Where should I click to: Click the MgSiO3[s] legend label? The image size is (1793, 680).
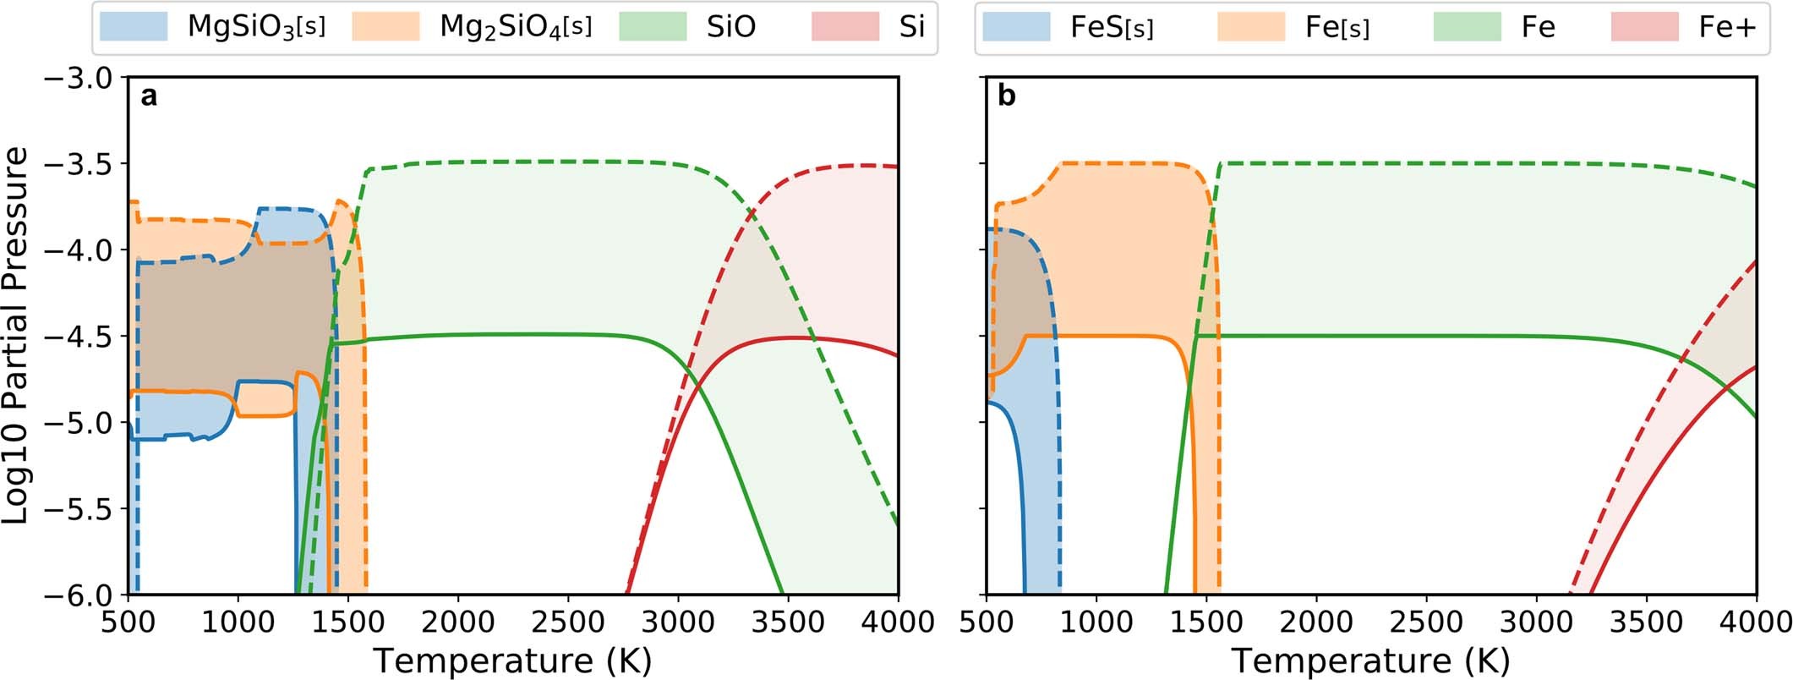(x=255, y=27)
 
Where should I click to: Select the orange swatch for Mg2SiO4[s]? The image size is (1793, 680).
(x=386, y=27)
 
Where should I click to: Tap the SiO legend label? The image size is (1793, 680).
(x=730, y=27)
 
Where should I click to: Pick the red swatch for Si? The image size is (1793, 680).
(x=845, y=27)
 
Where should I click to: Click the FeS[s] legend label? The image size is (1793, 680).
(x=1112, y=28)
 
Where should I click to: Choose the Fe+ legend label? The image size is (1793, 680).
(x=1727, y=28)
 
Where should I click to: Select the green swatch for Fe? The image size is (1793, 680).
(x=1467, y=28)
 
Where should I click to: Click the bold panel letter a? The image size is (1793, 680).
(x=149, y=97)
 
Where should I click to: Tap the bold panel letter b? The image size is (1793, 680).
(x=1006, y=97)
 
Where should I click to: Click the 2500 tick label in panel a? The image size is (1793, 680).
(x=568, y=622)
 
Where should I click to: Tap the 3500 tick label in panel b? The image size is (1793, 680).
(x=1646, y=622)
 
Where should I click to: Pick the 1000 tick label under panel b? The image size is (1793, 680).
(x=1096, y=622)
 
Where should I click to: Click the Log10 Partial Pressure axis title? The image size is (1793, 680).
(x=17, y=336)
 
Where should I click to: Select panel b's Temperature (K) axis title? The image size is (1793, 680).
(x=1370, y=660)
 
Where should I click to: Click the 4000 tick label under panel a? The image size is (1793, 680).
(x=898, y=622)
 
